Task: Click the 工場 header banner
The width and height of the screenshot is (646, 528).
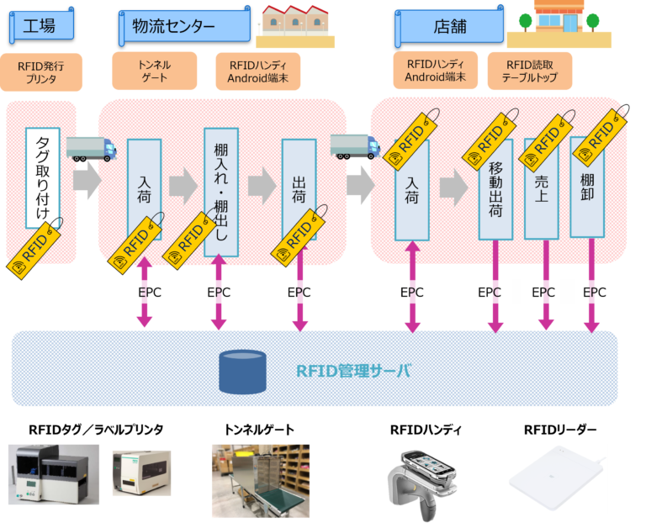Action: pos(41,25)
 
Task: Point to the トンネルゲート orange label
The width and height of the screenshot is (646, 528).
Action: pos(154,71)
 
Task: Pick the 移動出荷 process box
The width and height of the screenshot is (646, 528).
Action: pos(495,189)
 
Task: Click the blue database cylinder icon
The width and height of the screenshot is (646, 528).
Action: pos(242,369)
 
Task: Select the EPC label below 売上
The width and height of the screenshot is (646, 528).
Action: pos(543,292)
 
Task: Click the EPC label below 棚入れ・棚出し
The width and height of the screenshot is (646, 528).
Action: pos(219,292)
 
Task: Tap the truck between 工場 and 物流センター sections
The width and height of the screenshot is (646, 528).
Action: pos(92,148)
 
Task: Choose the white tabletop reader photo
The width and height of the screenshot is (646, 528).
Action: pos(555,478)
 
